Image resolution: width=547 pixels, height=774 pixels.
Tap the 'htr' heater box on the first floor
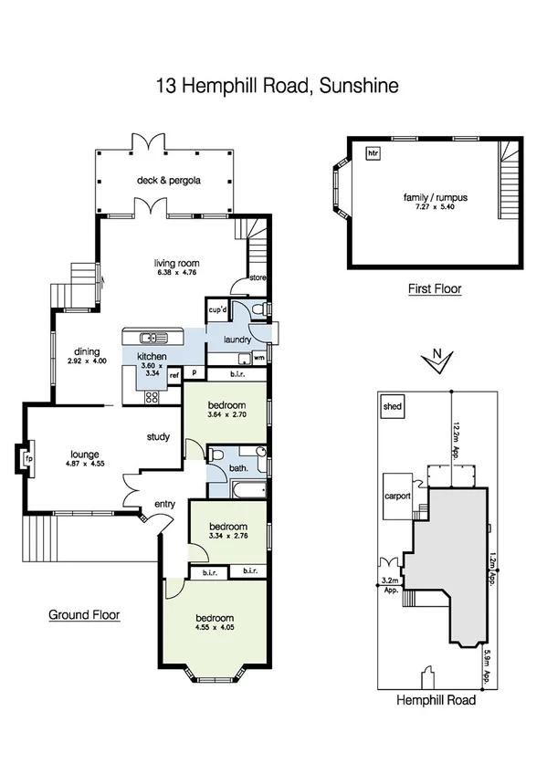pos(372,152)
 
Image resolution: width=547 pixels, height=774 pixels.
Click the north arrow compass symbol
pos(439,361)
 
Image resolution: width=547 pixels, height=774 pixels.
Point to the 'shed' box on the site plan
pos(394,406)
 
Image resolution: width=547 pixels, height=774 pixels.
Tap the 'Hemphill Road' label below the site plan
pos(437,701)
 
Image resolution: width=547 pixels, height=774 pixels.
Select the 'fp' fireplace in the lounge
pos(28,457)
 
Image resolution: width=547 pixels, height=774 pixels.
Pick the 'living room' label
pos(176,264)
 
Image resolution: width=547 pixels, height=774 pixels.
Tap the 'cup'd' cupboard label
pos(217,311)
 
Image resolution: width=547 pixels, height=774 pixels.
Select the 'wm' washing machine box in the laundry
pos(259,357)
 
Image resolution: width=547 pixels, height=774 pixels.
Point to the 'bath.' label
pos(238,470)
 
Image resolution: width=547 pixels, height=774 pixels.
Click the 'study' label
pos(158,437)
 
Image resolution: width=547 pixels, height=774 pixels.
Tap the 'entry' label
pos(165,503)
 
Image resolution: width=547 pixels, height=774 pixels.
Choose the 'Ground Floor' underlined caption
pos(84,615)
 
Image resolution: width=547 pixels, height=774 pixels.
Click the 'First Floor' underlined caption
pos(435,289)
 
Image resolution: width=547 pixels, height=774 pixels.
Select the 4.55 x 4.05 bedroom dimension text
pos(215,627)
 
